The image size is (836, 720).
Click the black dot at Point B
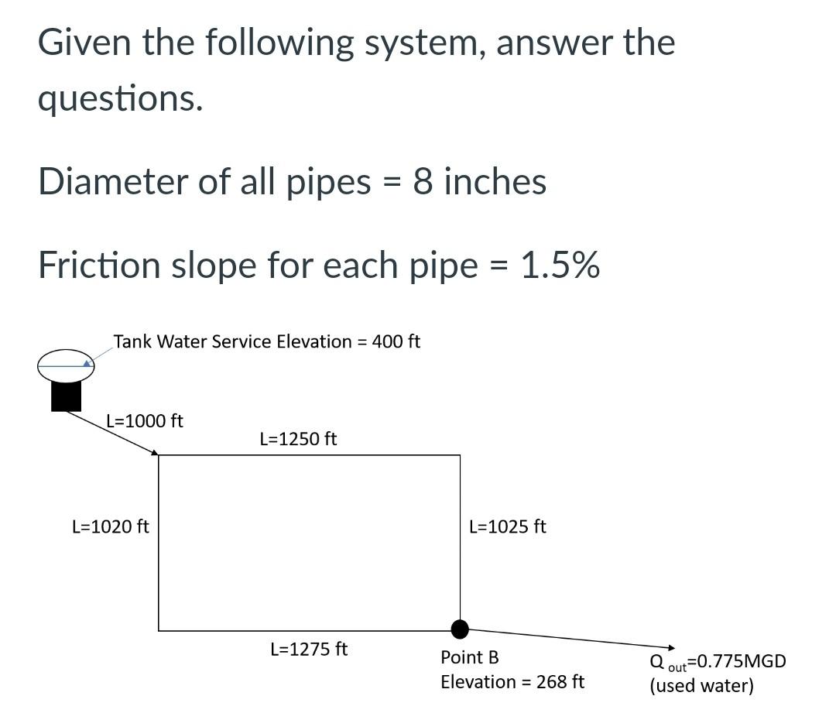click(460, 628)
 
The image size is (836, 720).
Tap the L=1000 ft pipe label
click(145, 421)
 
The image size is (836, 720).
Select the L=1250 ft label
click(299, 439)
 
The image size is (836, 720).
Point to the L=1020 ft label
click(111, 526)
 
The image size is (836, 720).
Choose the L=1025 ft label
click(508, 526)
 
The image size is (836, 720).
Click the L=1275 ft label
click(309, 649)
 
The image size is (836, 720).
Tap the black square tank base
click(67, 396)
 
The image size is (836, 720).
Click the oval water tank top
click(66, 365)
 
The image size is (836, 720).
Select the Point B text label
click(470, 658)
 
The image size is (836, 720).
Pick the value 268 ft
click(558, 682)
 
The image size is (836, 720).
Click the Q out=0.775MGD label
click(718, 662)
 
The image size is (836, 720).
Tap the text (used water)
click(701, 686)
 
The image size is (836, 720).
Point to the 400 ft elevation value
click(396, 341)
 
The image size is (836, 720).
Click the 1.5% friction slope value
click(560, 266)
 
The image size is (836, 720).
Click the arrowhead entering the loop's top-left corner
click(155, 453)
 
